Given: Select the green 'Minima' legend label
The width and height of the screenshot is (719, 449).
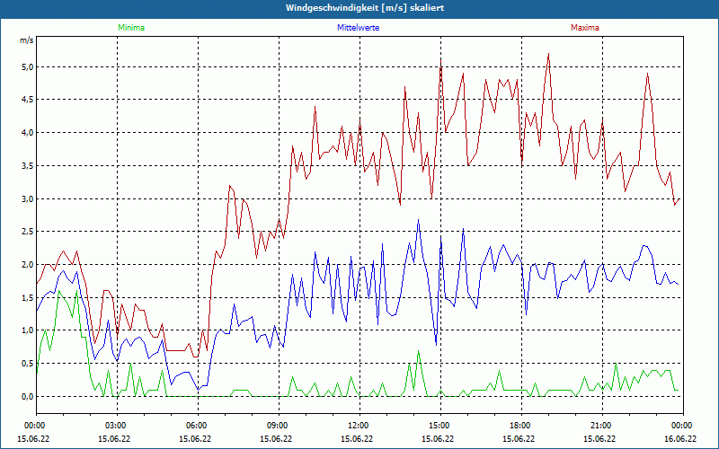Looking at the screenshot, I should [x=130, y=28].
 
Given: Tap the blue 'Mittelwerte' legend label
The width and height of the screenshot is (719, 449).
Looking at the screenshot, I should [x=359, y=28].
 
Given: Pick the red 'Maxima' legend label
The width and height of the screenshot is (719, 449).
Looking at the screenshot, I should [x=584, y=28].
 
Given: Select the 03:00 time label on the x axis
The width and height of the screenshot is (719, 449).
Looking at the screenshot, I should [x=116, y=425].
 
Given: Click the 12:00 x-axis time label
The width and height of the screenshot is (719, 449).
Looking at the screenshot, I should [x=359, y=425].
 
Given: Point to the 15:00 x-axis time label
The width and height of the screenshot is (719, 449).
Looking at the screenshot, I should [x=439, y=425].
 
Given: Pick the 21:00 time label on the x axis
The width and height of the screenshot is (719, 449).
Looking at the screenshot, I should [x=601, y=425].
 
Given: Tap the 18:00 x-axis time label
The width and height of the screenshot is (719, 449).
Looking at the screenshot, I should [x=520, y=425].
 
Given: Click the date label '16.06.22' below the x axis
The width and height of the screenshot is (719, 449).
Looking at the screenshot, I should [x=681, y=438].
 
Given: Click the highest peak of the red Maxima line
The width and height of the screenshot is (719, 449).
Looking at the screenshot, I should [x=548, y=54].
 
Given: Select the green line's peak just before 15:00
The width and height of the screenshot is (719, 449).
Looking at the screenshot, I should [x=418, y=351].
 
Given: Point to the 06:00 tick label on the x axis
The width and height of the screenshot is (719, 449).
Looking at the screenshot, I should [x=197, y=425].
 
